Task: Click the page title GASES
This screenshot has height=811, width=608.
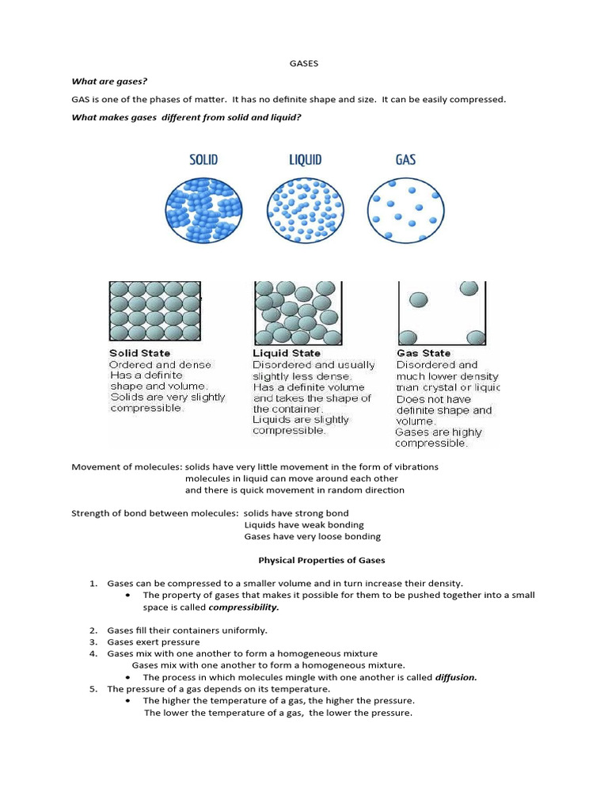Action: (x=304, y=63)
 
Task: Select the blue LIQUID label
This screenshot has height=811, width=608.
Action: (x=305, y=160)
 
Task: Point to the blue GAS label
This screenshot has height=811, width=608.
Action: (x=405, y=160)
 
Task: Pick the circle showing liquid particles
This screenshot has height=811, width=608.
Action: (x=306, y=210)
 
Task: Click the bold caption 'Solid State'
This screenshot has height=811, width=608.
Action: (x=139, y=353)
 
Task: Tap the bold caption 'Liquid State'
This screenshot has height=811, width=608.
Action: (x=287, y=353)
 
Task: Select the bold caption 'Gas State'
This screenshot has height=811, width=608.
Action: (x=424, y=353)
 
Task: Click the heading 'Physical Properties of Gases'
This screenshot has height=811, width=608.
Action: (x=321, y=560)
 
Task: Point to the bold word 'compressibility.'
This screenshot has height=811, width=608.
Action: (x=244, y=607)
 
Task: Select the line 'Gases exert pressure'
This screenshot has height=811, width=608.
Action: (x=154, y=642)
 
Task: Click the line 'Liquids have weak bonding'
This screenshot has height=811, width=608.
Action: (x=304, y=524)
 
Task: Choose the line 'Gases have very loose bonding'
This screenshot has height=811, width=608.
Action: (x=312, y=536)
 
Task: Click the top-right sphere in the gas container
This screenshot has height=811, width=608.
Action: (x=469, y=288)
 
